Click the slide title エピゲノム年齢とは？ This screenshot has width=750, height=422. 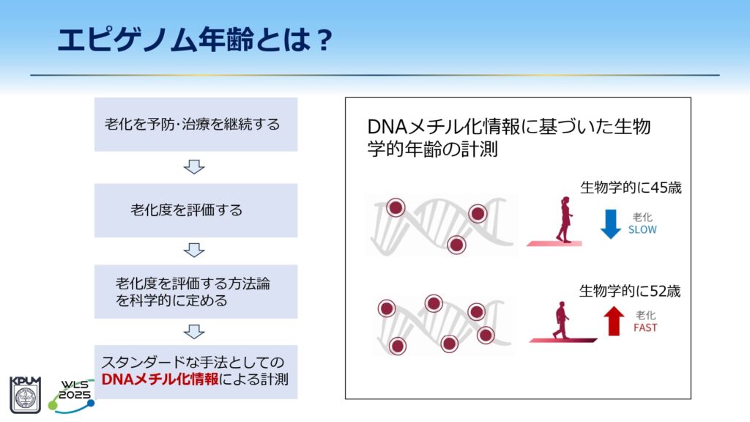(x=195, y=40)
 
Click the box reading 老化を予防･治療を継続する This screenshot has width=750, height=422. (x=196, y=125)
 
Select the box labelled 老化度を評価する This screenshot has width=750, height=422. (x=196, y=210)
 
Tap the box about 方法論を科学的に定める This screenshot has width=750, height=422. (x=196, y=292)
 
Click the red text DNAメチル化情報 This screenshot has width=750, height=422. (x=160, y=380)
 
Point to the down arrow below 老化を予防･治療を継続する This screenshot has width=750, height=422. (x=194, y=167)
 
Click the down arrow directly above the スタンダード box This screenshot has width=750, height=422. (x=194, y=332)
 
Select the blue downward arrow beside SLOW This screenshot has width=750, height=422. (x=610, y=224)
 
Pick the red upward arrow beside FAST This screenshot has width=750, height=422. (x=614, y=321)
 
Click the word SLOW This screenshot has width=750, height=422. (x=642, y=229)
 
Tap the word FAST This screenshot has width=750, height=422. (x=645, y=327)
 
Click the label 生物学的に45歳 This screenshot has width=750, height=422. (x=631, y=188)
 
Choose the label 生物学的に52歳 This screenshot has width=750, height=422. (x=629, y=291)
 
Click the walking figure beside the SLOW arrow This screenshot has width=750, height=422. (x=565, y=220)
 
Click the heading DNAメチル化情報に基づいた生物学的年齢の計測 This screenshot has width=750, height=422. (x=509, y=138)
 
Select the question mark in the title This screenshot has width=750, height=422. (x=324, y=40)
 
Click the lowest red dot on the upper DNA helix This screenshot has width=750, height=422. (x=456, y=245)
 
